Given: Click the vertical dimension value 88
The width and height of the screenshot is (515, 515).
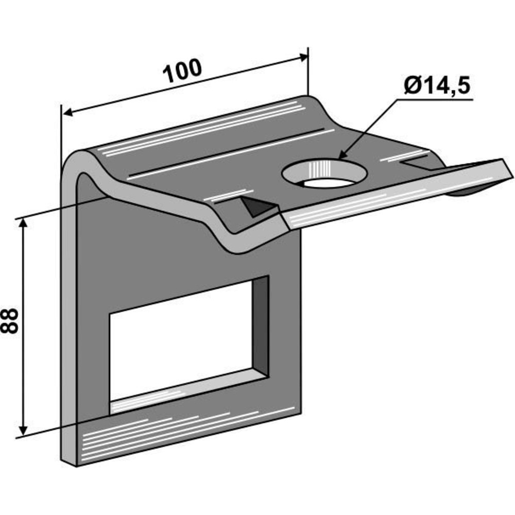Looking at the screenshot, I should [10, 321].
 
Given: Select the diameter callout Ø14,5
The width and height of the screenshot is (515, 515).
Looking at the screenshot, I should [437, 85].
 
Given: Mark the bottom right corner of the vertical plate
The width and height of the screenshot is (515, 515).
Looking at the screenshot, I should [299, 412].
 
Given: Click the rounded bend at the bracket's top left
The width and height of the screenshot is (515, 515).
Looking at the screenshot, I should [77, 160].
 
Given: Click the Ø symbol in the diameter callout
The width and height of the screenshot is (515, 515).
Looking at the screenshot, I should [411, 86].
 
